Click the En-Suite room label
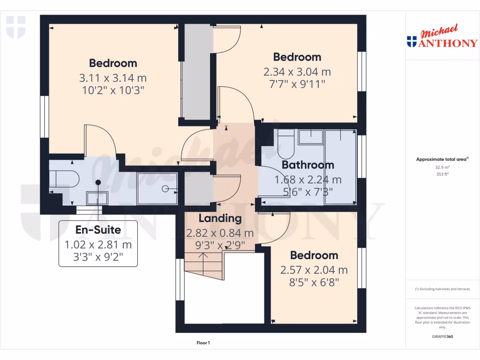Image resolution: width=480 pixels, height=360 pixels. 98,230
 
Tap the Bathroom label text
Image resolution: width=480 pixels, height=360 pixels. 308,165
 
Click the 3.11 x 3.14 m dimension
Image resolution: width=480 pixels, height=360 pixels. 113,78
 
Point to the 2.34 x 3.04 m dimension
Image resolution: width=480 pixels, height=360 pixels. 297,72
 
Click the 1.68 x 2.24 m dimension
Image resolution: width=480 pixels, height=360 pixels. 308,180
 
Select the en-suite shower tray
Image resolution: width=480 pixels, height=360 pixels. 157,188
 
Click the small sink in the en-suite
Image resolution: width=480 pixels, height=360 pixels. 97,198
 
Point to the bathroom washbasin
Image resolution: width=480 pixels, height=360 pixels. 311,137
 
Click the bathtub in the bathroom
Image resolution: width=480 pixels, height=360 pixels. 340,167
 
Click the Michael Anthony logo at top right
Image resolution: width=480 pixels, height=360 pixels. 442,37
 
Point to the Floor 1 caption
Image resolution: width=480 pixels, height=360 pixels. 203,343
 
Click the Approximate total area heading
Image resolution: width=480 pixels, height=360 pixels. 441,159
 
